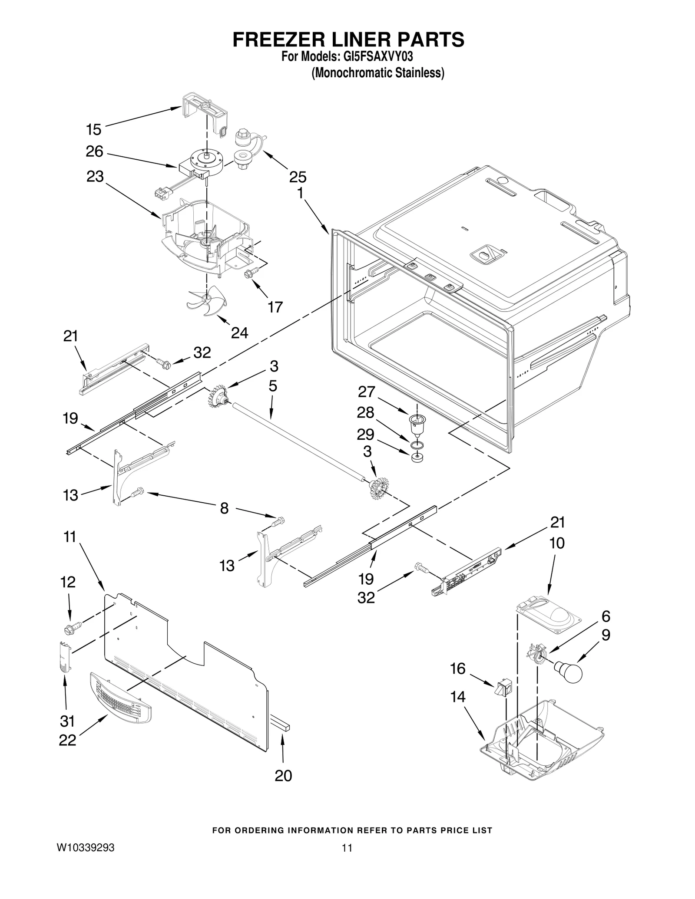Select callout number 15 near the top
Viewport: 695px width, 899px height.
point(94,129)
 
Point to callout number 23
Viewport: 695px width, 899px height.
point(95,177)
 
